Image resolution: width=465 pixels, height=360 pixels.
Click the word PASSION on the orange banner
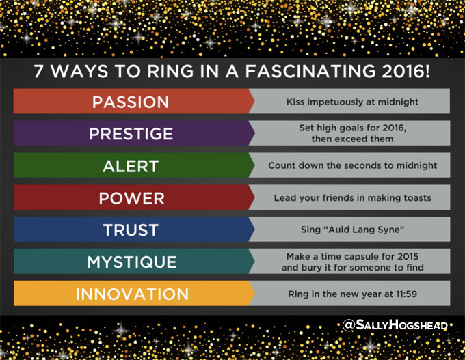pyautogui.click(x=131, y=102)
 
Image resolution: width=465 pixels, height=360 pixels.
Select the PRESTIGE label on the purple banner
pyautogui.click(x=131, y=134)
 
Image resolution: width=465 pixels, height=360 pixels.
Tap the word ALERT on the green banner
pyautogui.click(x=131, y=166)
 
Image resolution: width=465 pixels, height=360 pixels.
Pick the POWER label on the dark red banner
pyautogui.click(x=132, y=198)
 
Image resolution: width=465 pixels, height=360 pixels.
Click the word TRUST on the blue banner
pyautogui.click(x=131, y=230)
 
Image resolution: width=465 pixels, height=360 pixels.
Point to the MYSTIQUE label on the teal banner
pyautogui.click(x=132, y=262)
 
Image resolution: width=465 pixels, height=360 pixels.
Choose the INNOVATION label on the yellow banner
pyautogui.click(x=132, y=294)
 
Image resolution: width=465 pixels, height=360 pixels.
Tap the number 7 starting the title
pyautogui.click(x=38, y=72)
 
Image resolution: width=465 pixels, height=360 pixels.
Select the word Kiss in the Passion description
pyautogui.click(x=295, y=102)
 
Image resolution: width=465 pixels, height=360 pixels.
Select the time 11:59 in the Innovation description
pyautogui.click(x=406, y=294)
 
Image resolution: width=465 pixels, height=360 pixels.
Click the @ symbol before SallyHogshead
pyautogui.click(x=349, y=324)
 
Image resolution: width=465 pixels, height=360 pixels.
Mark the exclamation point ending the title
pyautogui.click(x=427, y=72)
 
